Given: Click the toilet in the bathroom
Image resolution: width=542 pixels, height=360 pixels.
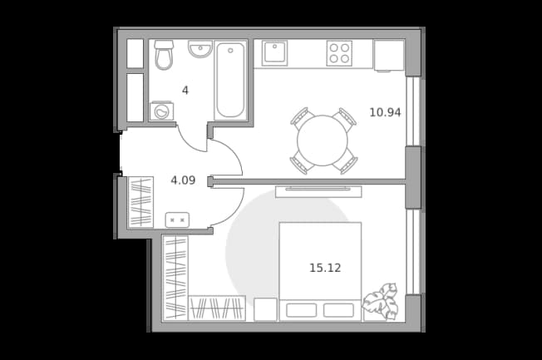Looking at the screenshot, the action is pos(163,55).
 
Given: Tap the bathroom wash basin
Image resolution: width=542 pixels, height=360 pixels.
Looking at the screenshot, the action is pos(200,49).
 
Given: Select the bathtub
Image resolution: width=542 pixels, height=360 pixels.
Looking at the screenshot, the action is pos(230,80).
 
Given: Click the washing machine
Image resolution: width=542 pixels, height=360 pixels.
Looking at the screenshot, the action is pos(161,111).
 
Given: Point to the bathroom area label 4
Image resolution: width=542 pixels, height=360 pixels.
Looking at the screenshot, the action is pos(185,91).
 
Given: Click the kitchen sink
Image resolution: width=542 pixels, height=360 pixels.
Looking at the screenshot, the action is pos(274,53).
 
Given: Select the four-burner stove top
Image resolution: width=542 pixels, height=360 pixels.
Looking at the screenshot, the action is pos(339,53).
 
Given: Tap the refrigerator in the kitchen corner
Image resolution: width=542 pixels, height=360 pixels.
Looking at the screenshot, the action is pos(389,56).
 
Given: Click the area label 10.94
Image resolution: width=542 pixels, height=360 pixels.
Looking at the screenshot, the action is pos(385,112).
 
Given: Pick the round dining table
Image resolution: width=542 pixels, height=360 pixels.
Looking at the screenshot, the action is pos(323,141).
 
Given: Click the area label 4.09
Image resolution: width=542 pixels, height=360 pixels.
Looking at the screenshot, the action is pos(183,180).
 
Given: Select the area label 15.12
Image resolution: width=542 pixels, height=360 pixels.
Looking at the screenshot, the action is pos(325,268).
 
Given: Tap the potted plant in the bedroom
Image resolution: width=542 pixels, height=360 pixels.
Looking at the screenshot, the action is pos(380,301).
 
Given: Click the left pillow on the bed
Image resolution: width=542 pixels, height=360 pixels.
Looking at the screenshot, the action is pos(302,310).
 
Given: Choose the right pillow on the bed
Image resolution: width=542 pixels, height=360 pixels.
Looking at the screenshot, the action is pos(338,310).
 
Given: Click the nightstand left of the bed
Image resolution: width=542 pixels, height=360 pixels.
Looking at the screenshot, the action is pos(265,309).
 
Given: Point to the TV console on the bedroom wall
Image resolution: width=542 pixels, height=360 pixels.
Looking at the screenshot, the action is pos(318,191).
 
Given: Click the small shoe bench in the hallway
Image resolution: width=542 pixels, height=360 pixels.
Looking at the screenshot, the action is pos(177,220).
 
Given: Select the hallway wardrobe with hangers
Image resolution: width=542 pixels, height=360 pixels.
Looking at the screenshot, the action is pos(140,202).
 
